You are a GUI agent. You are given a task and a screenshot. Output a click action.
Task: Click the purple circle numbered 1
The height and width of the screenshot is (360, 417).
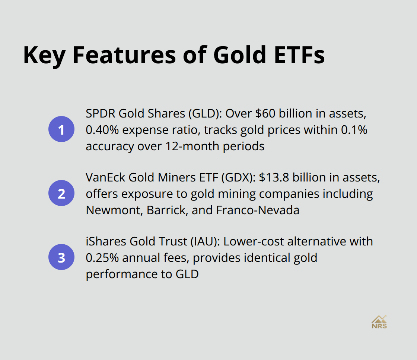click(61, 130)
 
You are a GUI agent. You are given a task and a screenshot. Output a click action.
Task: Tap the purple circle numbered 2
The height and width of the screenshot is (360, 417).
click(61, 193)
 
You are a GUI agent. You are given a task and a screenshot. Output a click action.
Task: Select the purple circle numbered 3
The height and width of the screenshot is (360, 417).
click(61, 257)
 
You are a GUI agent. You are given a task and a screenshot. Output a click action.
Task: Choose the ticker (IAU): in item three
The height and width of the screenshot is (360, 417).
click(203, 241)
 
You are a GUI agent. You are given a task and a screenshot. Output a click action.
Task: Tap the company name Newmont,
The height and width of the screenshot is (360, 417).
click(114, 210)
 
